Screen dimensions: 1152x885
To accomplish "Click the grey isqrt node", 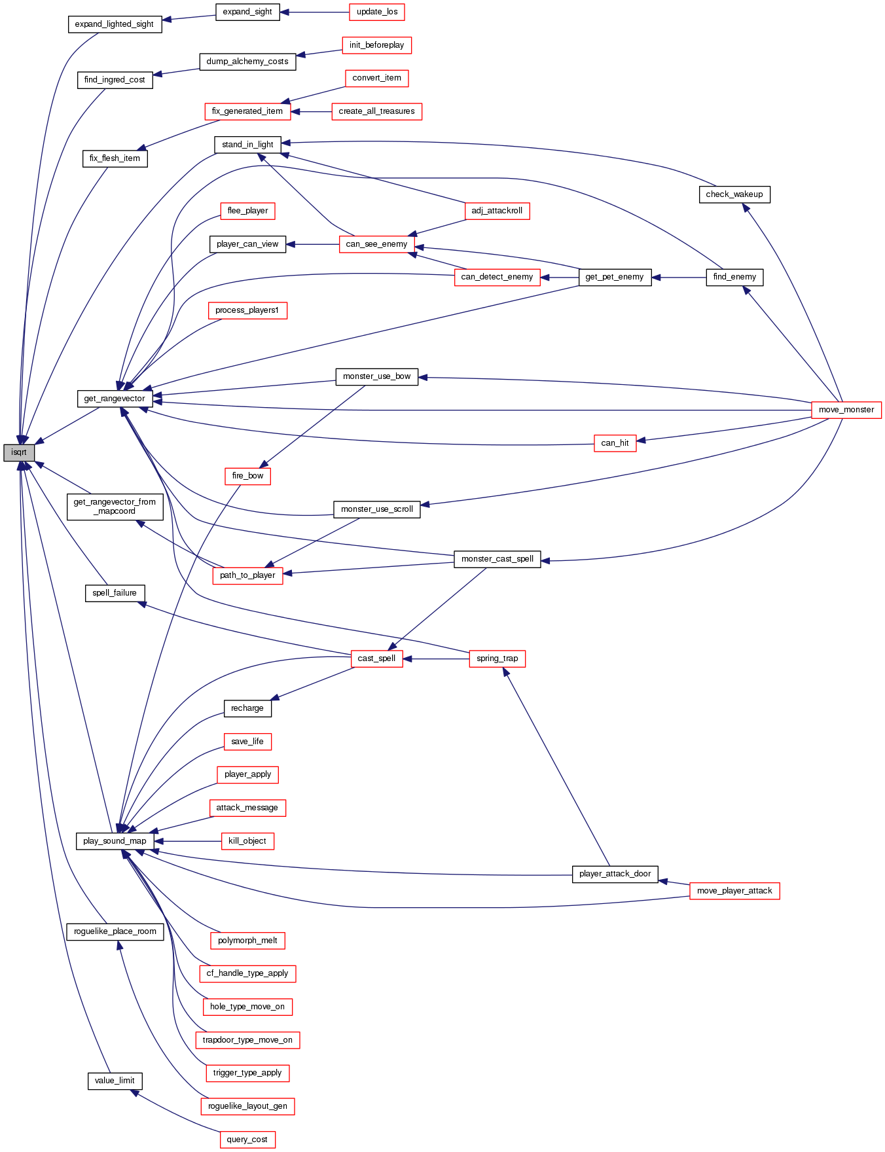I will [19, 452].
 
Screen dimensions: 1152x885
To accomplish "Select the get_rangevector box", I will [115, 399].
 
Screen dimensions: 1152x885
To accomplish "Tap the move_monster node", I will [846, 410].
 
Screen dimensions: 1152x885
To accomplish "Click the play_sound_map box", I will [115, 841].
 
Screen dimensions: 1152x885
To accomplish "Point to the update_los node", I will [377, 12].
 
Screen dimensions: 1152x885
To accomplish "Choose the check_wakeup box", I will [734, 194].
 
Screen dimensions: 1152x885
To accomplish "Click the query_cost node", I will [247, 1140].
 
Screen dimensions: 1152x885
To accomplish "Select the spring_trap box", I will [497, 658].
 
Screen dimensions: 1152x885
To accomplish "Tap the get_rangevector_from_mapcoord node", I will [115, 507].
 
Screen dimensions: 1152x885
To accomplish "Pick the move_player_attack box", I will [734, 891].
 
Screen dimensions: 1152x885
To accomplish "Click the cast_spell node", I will [376, 658].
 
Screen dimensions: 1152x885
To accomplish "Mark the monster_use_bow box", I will [376, 376].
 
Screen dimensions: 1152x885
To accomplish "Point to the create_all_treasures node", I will [376, 111].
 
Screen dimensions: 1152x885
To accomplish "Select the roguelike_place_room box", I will [115, 931].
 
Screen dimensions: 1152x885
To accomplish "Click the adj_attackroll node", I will [497, 211].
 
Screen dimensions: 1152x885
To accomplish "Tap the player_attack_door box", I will [615, 874].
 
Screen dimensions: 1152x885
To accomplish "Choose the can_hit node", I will [615, 443].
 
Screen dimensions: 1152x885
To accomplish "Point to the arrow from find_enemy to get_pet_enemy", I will [679, 278].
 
